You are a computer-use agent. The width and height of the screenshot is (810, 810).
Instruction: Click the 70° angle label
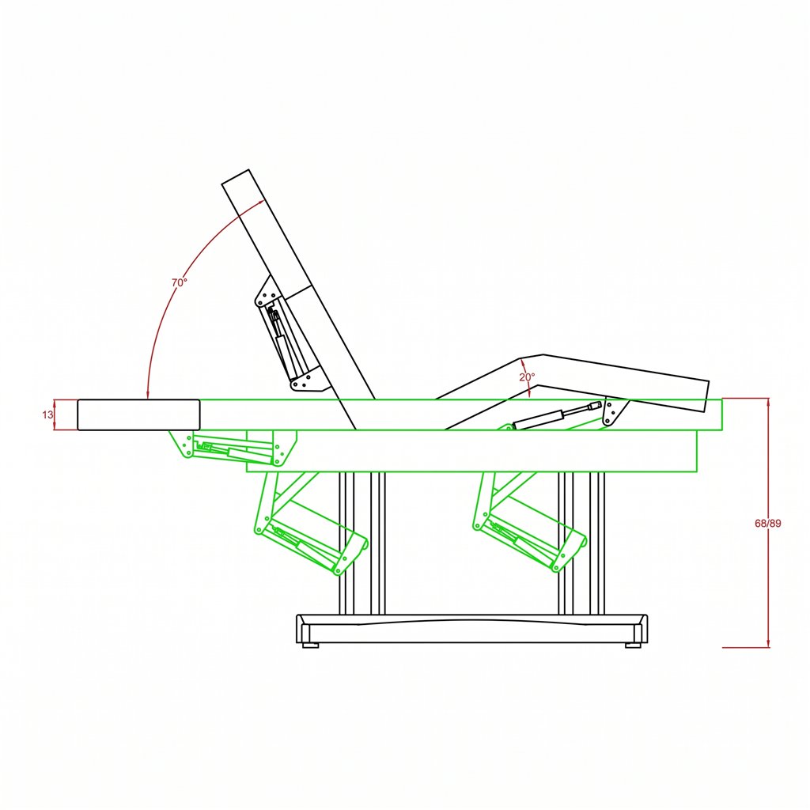180,282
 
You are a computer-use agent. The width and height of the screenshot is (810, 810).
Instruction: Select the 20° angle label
527,377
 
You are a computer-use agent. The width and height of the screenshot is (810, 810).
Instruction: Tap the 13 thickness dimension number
47,414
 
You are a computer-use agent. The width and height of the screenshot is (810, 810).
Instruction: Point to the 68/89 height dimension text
767,524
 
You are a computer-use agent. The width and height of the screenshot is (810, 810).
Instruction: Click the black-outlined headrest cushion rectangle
138,414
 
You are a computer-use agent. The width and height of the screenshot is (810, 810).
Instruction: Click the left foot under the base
310,645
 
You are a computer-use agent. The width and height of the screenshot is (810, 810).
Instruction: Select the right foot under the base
633,645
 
